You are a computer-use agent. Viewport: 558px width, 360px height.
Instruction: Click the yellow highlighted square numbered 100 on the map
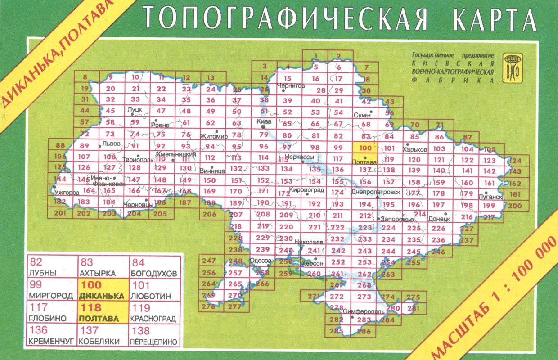pos(365,148)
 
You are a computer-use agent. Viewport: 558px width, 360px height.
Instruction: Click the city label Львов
pos(111,144)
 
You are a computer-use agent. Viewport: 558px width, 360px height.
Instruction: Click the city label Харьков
pos(416,149)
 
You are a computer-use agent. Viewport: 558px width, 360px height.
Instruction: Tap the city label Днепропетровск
pos(376,192)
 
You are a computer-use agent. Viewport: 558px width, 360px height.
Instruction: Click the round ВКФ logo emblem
pos(513,68)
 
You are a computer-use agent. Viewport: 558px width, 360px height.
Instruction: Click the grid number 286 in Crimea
pos(364,332)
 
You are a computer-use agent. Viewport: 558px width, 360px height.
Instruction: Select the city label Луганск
pos(491,197)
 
